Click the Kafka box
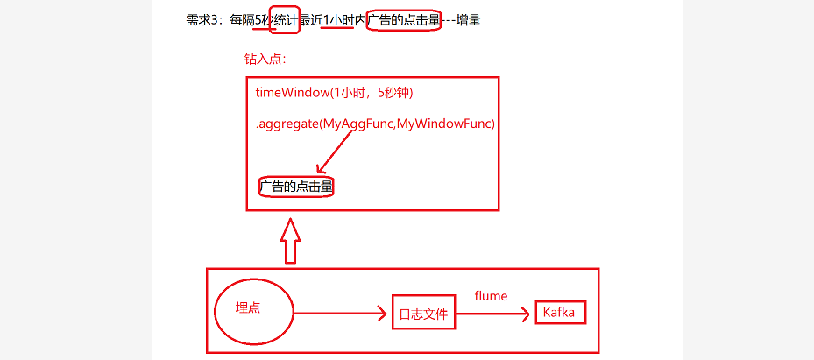pyautogui.click(x=560, y=314)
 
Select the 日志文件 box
pyautogui.click(x=424, y=314)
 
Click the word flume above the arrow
pyautogui.click(x=491, y=296)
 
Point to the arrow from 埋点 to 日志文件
pyautogui.click(x=342, y=312)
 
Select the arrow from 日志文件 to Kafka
pyautogui.click(x=494, y=314)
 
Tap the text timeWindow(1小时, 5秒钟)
pyautogui.click(x=334, y=93)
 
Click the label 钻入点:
pyautogui.click(x=265, y=60)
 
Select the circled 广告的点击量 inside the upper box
pyautogui.click(x=296, y=187)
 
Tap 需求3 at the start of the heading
pyautogui.click(x=204, y=19)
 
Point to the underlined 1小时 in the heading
pyautogui.click(x=338, y=19)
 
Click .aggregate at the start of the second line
pyautogui.click(x=286, y=124)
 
